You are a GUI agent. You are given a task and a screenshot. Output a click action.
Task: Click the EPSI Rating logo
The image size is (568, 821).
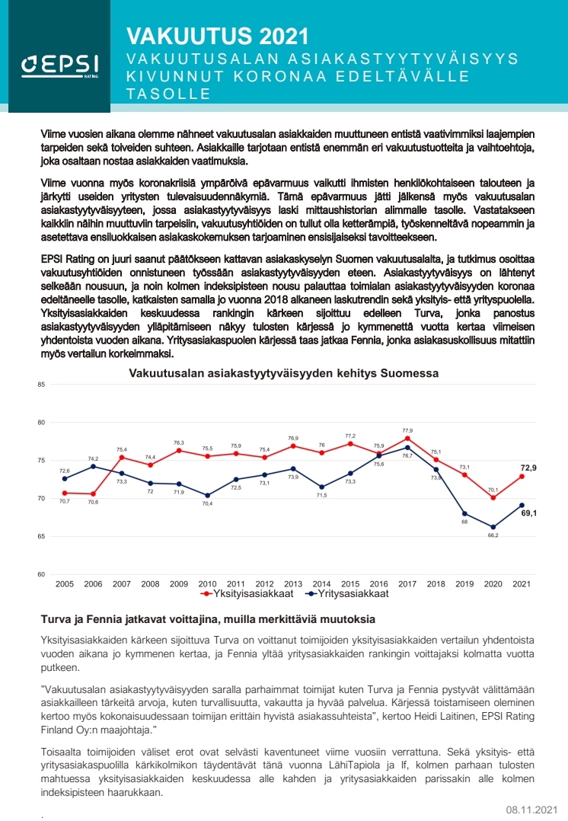(x=55, y=67)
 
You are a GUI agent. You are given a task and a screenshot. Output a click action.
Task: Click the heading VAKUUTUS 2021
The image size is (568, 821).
(x=217, y=36)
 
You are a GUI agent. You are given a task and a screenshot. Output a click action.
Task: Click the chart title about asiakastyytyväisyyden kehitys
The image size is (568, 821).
(x=284, y=373)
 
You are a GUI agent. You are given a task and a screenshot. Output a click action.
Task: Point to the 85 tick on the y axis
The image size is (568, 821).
(x=41, y=385)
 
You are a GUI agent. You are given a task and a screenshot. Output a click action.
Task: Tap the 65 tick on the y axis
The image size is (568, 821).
(x=41, y=537)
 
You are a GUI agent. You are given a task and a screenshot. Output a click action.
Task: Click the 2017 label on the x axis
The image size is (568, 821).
(x=407, y=583)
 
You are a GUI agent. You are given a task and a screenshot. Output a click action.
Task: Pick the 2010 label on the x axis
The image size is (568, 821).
(x=207, y=583)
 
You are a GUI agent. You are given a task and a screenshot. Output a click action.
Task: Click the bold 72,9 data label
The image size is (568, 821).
(x=528, y=468)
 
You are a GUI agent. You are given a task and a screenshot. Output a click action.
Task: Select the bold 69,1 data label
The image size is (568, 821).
(x=528, y=513)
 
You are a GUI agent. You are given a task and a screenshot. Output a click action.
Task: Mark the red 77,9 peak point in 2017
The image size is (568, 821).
(x=407, y=439)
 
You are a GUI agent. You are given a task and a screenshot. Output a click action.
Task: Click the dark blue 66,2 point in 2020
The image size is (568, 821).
(x=493, y=527)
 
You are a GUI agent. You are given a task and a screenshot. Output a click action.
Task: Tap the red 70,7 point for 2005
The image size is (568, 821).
(x=65, y=493)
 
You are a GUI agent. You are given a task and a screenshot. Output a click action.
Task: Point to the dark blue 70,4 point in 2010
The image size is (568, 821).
(x=207, y=495)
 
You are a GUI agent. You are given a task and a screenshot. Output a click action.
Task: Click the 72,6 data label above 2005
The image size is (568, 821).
(x=65, y=471)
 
